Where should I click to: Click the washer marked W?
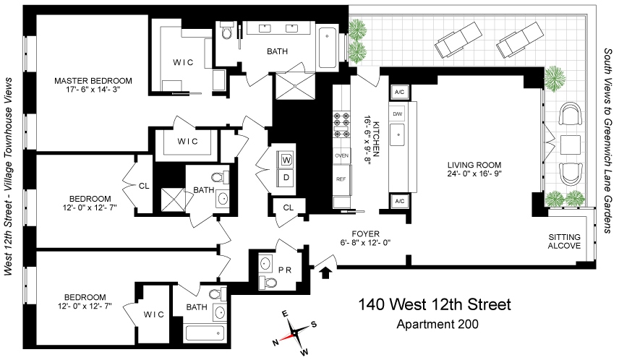coord(286,160)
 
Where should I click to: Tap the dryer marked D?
coord(286,178)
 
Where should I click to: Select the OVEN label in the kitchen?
coord(341,155)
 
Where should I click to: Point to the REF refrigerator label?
coord(341,179)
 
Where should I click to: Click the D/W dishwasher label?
coord(397,114)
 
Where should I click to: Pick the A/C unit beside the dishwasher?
coord(399,93)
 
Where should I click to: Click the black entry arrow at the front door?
coord(325,273)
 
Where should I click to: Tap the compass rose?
coord(294,332)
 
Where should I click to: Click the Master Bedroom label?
coord(93,81)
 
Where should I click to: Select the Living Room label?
coord(474,165)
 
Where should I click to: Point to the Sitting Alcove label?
coord(564,241)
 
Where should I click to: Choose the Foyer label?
coord(366,234)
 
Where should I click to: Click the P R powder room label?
coord(285,270)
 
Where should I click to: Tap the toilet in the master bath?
coord(227,30)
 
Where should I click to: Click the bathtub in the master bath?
coord(328,48)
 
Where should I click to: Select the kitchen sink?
coord(398,134)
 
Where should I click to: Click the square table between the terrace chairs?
coord(571,145)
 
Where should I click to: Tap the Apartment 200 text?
coord(437,324)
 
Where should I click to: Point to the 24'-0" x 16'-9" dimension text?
coord(474,173)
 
